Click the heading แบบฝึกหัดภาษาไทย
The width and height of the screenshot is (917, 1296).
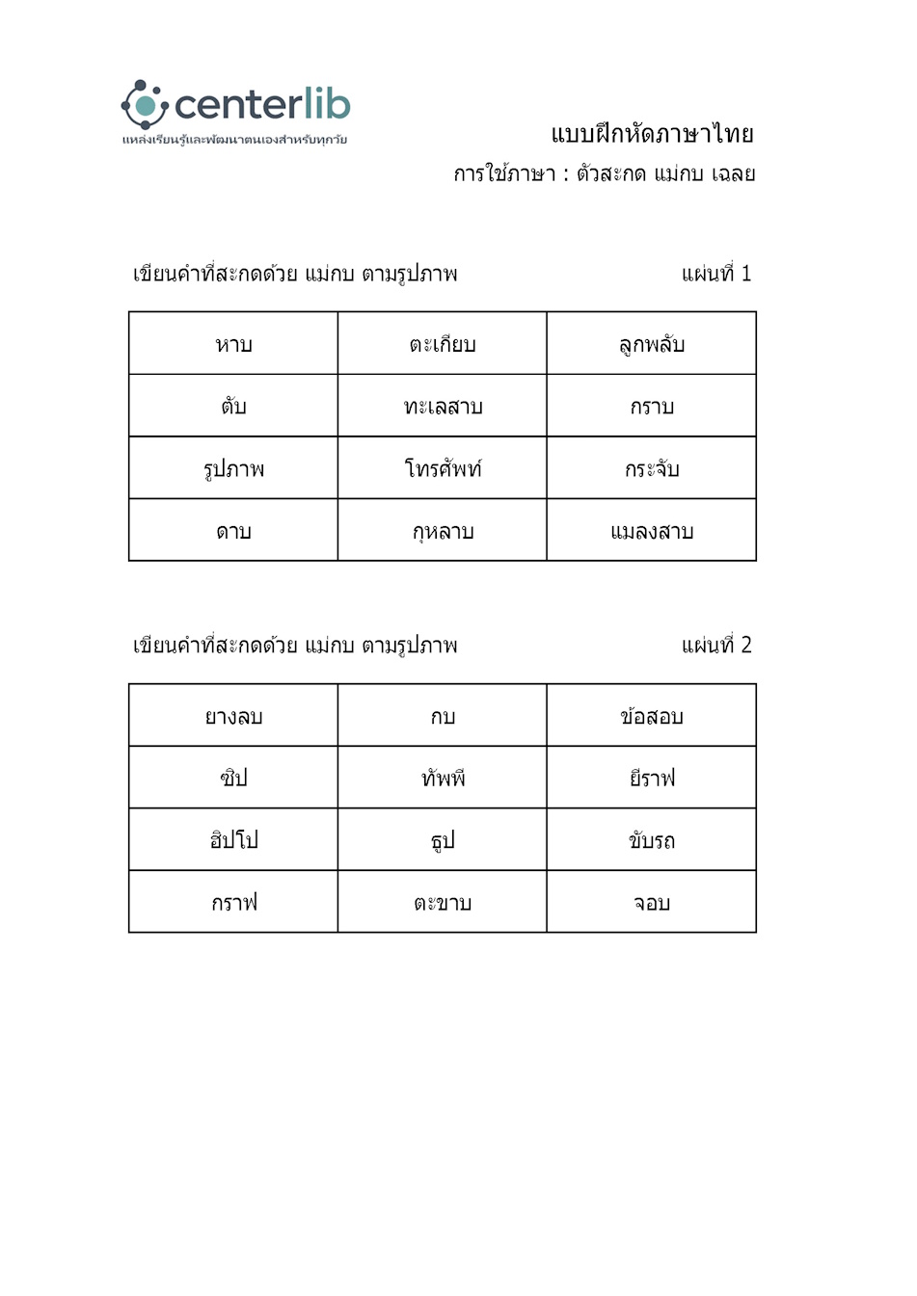tap(652, 134)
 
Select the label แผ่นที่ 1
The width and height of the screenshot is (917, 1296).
tap(715, 274)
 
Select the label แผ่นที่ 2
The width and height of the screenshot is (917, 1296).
tap(715, 646)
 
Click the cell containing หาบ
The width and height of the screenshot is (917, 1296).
tap(233, 344)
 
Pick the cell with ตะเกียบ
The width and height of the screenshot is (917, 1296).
tap(443, 344)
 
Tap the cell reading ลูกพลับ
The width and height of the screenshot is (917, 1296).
tap(652, 344)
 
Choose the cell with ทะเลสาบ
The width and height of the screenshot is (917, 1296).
tap(443, 407)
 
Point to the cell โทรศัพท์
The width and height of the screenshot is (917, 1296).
tap(443, 469)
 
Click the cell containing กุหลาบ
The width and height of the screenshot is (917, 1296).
tap(443, 531)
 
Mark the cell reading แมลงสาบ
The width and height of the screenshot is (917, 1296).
tap(652, 531)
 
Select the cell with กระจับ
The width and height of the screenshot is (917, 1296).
tap(652, 469)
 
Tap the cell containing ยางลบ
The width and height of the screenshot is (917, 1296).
tap(233, 716)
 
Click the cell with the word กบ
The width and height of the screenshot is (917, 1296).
tap(443, 716)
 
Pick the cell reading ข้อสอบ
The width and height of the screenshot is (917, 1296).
tap(652, 716)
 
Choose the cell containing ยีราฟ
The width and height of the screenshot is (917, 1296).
tap(652, 778)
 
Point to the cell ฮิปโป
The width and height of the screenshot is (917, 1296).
tap(233, 840)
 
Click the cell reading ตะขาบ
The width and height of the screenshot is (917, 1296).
tap(443, 903)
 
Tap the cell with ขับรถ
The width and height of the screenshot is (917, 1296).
tap(652, 840)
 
